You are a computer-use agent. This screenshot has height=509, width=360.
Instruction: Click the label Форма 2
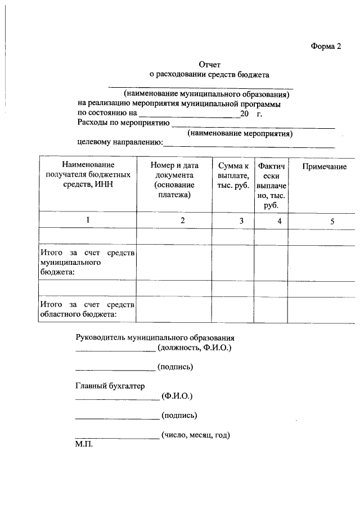tap(326, 47)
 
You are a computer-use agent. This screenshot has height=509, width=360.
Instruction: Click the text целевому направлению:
tap(119, 143)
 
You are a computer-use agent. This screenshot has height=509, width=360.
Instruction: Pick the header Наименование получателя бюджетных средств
tap(88, 175)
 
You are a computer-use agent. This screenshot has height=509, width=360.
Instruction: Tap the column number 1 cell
tap(88, 220)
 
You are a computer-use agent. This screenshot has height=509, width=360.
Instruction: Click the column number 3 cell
tap(241, 221)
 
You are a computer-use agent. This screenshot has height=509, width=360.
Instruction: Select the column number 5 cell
tap(332, 221)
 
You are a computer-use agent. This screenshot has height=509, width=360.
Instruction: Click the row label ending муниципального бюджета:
tap(87, 262)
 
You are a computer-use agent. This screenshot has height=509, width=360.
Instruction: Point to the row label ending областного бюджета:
tap(87, 309)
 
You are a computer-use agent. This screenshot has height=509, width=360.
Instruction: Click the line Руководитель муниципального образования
tap(155, 337)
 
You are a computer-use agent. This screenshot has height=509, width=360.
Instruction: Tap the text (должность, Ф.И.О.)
tap(195, 348)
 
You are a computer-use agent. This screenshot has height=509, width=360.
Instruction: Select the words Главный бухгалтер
tap(110, 386)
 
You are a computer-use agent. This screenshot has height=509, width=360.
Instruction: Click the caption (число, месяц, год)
tap(196, 435)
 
